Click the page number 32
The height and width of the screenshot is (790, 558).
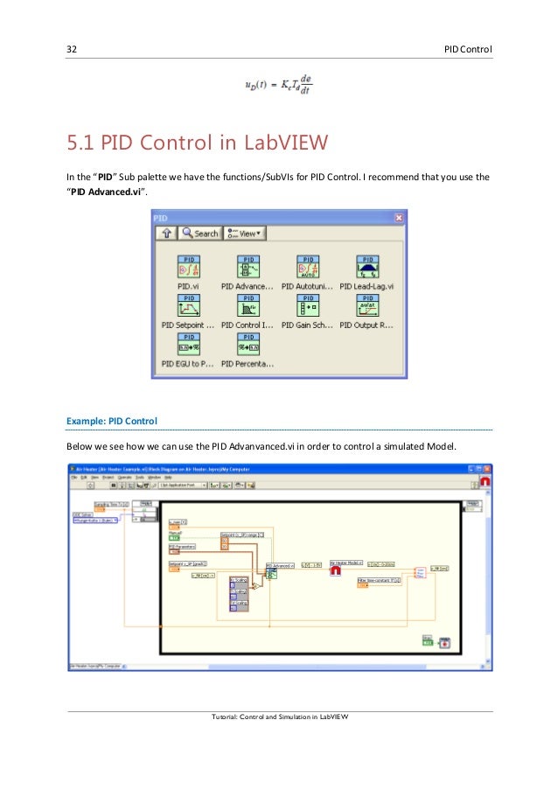[73, 47]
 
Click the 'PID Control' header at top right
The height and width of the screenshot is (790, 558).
[468, 47]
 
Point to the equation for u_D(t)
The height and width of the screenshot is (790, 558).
[278, 84]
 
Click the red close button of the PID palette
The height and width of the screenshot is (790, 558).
[399, 217]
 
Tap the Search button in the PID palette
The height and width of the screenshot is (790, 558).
[200, 234]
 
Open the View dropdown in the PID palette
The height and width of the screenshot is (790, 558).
[245, 234]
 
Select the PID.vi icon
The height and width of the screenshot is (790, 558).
[191, 267]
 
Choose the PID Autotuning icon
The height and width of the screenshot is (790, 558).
[308, 267]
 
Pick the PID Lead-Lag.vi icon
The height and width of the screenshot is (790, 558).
[367, 267]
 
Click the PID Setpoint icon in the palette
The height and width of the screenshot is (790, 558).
[191, 305]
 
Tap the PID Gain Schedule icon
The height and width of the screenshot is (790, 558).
[308, 305]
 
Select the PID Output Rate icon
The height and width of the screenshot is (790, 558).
[367, 305]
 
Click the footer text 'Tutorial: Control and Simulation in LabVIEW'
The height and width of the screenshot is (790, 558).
[280, 717]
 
